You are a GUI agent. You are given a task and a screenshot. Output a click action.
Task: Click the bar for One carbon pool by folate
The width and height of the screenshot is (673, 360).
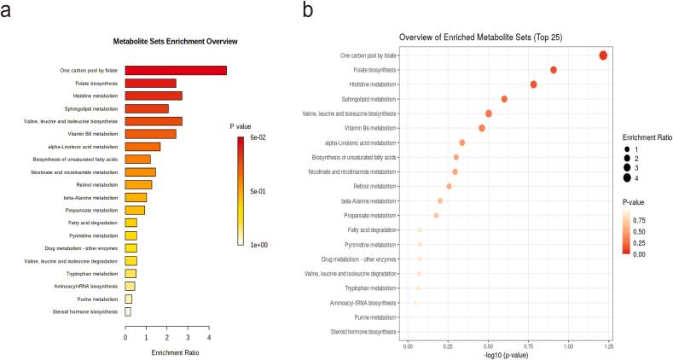(176, 70)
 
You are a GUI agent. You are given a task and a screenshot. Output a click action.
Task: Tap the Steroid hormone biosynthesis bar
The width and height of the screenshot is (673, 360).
(128, 311)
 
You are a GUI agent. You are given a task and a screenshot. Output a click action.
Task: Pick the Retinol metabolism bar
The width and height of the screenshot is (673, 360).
(138, 184)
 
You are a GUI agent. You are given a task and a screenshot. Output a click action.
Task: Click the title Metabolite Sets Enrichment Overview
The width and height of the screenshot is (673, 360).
(175, 41)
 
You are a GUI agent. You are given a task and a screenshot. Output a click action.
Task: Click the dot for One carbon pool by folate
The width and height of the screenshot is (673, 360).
(603, 55)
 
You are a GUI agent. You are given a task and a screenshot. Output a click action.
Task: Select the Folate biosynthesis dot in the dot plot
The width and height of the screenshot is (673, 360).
(554, 70)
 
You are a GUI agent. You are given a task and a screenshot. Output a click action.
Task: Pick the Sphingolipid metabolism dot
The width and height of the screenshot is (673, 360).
(504, 99)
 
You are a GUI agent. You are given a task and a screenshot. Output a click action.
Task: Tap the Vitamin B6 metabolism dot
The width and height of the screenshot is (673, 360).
(482, 128)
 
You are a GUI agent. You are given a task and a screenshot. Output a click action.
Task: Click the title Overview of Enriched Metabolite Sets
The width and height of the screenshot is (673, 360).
(492, 38)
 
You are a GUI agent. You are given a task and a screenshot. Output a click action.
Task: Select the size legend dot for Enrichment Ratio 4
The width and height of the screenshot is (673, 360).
(627, 177)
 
